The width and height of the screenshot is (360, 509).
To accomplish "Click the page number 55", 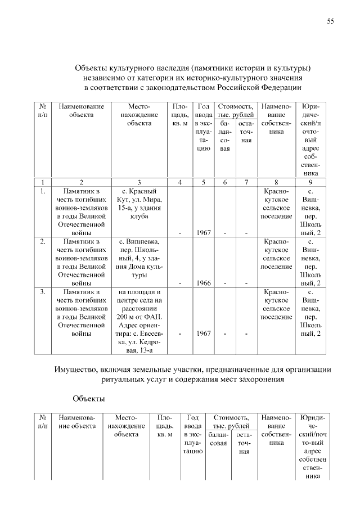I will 331,21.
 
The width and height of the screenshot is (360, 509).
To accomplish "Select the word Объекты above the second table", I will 88,399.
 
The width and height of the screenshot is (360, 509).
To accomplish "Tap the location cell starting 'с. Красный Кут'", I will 138,204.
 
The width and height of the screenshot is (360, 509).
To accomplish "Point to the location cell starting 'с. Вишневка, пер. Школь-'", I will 138,259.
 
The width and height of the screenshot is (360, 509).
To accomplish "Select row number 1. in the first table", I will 43,192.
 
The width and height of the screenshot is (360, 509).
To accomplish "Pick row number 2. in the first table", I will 43,241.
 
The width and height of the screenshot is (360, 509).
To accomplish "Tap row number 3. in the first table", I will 43,292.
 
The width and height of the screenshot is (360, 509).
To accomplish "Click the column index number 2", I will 81,182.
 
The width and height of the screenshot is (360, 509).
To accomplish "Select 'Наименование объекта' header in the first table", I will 81,110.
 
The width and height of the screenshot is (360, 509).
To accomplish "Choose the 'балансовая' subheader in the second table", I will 218,439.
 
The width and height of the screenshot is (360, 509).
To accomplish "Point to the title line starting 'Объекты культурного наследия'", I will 193,68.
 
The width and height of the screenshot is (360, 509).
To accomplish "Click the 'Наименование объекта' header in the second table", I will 76,422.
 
